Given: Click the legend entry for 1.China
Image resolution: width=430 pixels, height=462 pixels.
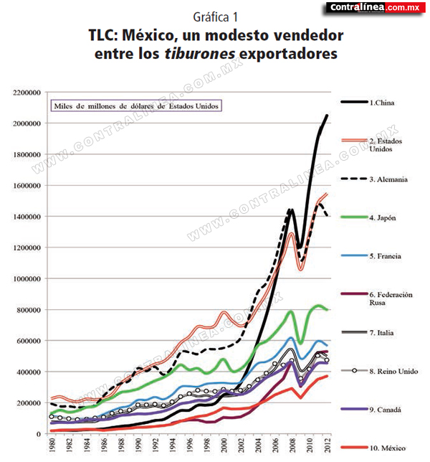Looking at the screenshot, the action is click(368, 103).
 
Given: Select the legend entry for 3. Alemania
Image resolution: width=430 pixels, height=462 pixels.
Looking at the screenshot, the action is click(374, 179).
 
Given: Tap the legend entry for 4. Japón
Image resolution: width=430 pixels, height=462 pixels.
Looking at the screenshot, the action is click(368, 218).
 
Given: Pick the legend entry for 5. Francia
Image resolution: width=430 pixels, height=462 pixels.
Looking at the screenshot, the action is click(371, 255).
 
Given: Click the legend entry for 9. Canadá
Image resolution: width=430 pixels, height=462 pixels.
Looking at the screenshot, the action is click(371, 409).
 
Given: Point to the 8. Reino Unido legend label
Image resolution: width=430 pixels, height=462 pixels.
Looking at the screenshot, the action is click(393, 372).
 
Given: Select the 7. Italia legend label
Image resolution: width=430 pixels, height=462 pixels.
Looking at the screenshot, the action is click(381, 333).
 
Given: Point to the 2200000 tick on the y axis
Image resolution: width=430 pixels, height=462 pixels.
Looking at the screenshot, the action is click(27, 93).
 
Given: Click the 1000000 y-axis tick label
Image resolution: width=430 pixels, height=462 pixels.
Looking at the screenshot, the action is click(27, 279).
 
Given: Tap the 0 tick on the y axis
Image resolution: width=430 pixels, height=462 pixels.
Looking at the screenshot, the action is click(39, 434).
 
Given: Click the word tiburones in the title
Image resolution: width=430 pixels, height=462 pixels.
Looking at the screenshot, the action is click(200, 54).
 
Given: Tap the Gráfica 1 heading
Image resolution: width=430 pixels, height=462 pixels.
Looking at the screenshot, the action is click(215, 17).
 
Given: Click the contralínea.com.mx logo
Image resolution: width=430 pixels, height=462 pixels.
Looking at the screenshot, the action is click(376, 7).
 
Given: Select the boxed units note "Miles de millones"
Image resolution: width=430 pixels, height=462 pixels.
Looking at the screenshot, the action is click(136, 106).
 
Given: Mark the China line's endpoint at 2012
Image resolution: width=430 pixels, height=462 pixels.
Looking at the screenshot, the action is click(327, 115).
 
